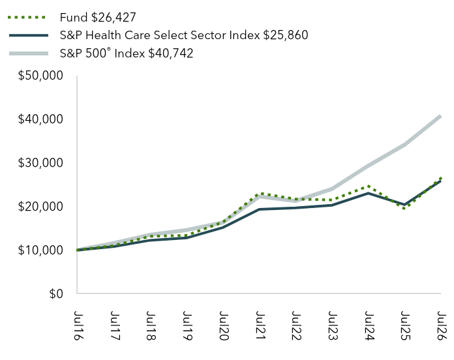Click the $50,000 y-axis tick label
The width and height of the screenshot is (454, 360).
pos(40,76)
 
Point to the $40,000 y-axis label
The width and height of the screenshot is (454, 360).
pos(40,119)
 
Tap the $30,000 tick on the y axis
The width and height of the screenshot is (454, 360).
pos(40,163)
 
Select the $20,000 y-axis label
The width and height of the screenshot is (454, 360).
pos(40,207)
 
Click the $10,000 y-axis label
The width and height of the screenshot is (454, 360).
pos(40,250)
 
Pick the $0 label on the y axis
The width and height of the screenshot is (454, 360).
pos(56,294)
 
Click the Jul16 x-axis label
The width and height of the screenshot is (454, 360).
pos(78,325)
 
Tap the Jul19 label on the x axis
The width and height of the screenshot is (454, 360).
pos(187,325)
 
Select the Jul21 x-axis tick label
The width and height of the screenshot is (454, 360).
pos(260,325)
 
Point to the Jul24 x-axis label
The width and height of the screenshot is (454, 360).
pos(369,325)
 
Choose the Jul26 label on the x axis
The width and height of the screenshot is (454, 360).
pos(442,325)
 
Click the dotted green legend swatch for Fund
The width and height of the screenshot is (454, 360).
pos(27,18)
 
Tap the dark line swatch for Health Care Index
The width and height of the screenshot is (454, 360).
pos(29,35)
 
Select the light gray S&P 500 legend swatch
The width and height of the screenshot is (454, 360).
pos(29,53)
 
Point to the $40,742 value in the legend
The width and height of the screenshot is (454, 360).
pos(171,53)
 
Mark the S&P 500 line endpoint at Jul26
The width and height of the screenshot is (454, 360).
pos(440,116)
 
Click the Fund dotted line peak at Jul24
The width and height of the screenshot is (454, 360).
pos(369,187)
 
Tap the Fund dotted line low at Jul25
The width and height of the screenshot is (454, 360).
pos(404,208)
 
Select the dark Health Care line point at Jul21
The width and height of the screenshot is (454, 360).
pos(259,209)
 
